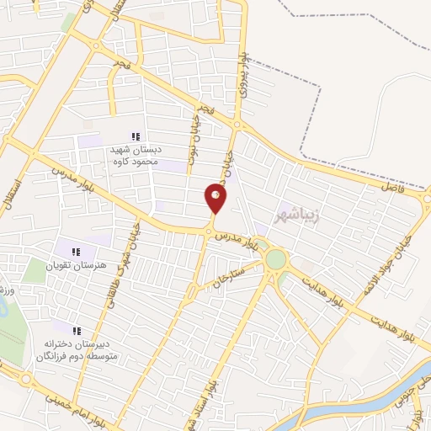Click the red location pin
(x=215, y=199)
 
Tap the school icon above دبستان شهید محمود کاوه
(x=136, y=136)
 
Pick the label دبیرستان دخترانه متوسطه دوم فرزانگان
(x=77, y=350)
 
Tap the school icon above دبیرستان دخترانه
(x=77, y=331)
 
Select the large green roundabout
(x=276, y=259)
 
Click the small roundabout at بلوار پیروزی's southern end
(x=237, y=125)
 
